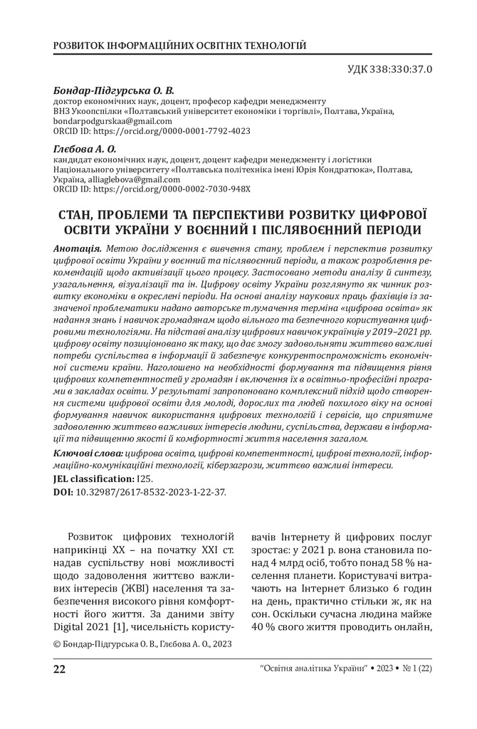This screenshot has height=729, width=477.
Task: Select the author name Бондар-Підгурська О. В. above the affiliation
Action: (x=114, y=91)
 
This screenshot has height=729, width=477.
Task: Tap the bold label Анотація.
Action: (x=78, y=251)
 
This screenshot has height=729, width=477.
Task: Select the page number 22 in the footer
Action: (x=60, y=668)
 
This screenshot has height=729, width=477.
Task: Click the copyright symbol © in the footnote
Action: (x=57, y=644)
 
